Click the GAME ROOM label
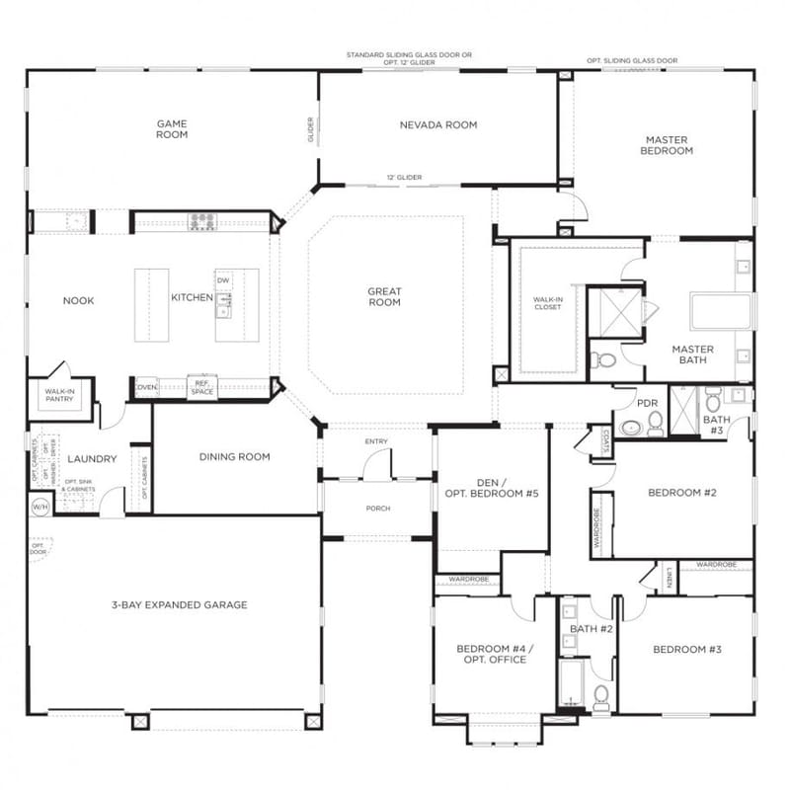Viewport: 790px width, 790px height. click(x=172, y=129)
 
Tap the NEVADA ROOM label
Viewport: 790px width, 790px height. click(x=438, y=125)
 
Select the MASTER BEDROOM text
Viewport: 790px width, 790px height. click(x=667, y=146)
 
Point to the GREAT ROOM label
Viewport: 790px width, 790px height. click(x=384, y=296)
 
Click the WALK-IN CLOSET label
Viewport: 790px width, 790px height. click(x=547, y=302)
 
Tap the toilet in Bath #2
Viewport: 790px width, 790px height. click(x=600, y=697)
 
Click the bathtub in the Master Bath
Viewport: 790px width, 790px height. click(x=721, y=311)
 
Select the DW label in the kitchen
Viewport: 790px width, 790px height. click(x=223, y=281)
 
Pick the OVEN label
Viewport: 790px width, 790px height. click(x=146, y=387)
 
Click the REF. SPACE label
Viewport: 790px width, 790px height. click(x=201, y=388)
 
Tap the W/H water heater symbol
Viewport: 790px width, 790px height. click(x=40, y=507)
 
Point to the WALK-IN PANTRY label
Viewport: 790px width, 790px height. click(x=59, y=396)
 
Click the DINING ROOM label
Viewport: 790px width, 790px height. click(x=234, y=456)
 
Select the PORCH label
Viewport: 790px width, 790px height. click(x=377, y=509)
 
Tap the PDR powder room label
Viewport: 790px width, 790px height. click(x=648, y=403)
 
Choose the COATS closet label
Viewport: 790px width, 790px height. click(x=598, y=440)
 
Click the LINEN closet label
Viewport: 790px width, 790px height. click(x=669, y=578)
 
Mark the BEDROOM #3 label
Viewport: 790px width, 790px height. click(x=686, y=649)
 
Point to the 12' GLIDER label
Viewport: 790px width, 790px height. click(x=404, y=177)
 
